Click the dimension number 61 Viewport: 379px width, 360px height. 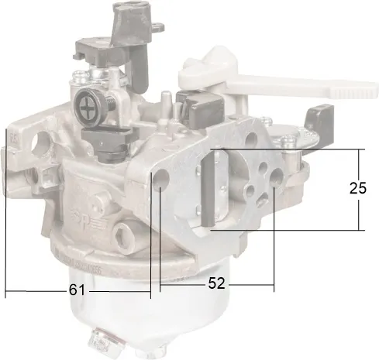[77, 290]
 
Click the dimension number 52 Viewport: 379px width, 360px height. [216, 283]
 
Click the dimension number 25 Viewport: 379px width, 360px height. [358, 188]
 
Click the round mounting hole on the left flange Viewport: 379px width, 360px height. [41, 142]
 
